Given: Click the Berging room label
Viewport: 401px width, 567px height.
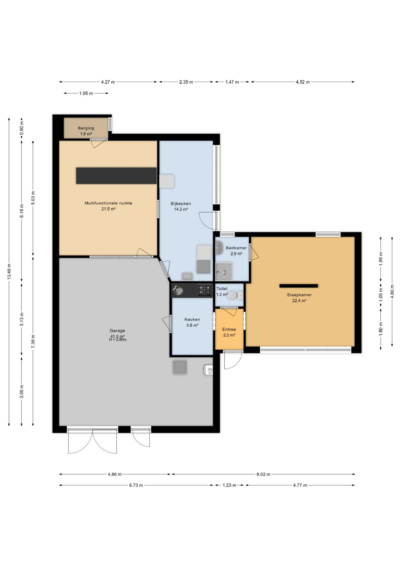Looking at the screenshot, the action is tap(86, 128).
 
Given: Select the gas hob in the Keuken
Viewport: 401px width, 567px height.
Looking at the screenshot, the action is tap(205, 290).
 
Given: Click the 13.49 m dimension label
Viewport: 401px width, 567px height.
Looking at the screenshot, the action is tap(9, 271).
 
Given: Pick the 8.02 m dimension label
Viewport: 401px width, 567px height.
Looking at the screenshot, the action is tap(263, 474).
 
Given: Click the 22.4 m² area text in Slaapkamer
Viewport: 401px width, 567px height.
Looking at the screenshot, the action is tap(299, 301).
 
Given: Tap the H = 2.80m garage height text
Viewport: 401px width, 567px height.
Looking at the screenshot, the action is tap(118, 340).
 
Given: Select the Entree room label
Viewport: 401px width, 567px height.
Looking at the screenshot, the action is tap(229, 329).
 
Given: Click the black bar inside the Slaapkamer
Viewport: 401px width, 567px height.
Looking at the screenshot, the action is tap(299, 286).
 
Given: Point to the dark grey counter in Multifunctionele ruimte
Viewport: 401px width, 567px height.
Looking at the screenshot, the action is tap(116, 176).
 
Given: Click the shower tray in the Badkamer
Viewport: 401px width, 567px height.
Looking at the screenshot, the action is tap(224, 272).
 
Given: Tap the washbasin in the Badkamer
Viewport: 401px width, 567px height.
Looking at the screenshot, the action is tap(219, 247).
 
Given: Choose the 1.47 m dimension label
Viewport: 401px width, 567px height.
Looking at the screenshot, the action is tap(232, 82).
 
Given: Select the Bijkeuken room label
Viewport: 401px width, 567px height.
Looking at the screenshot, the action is tap(181, 203).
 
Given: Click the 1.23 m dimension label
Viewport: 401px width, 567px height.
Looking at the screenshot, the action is tap(229, 485).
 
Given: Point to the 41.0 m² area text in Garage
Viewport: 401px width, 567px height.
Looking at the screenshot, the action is tap(117, 336).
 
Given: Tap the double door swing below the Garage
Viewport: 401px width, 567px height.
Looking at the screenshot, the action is tap(92, 441).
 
